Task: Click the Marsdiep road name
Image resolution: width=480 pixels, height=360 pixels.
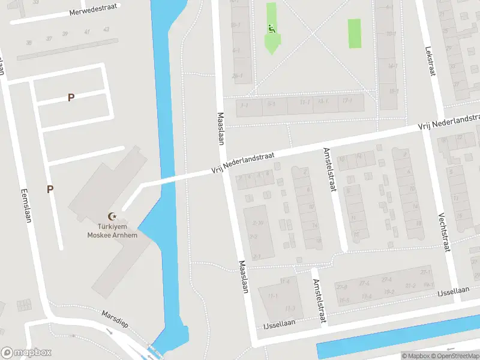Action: click(115, 319)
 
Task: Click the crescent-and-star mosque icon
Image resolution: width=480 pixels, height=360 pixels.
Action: click(110, 216)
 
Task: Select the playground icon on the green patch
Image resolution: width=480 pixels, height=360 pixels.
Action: click(272, 28)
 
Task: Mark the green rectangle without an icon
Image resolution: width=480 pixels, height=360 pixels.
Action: click(355, 33)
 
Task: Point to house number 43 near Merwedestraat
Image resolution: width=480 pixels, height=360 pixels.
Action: click(106, 29)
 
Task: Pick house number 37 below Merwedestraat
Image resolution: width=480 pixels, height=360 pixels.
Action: click(49, 38)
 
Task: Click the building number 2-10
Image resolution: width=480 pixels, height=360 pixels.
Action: click(259, 223)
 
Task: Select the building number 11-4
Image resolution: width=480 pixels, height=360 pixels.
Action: click(284, 281)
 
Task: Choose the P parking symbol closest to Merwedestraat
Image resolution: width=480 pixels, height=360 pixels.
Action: click(71, 97)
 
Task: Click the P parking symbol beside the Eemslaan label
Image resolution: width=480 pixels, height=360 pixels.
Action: click(50, 189)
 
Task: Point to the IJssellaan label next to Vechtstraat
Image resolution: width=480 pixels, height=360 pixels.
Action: click(453, 290)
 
